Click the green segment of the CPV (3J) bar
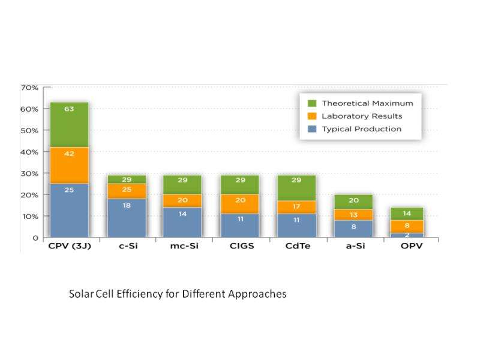pyautogui.click(x=69, y=124)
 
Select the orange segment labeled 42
pyautogui.click(x=69, y=165)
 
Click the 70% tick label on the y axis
pyautogui.click(x=29, y=88)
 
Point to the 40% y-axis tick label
pyautogui.click(x=29, y=152)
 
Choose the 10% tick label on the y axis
pyautogui.click(x=29, y=216)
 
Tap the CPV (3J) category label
pyautogui.click(x=69, y=245)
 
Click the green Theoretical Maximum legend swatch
pyautogui.click(x=311, y=103)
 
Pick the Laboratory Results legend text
pyautogui.click(x=362, y=116)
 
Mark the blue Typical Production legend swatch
pyautogui.click(x=311, y=129)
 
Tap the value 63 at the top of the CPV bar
pyautogui.click(x=69, y=110)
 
